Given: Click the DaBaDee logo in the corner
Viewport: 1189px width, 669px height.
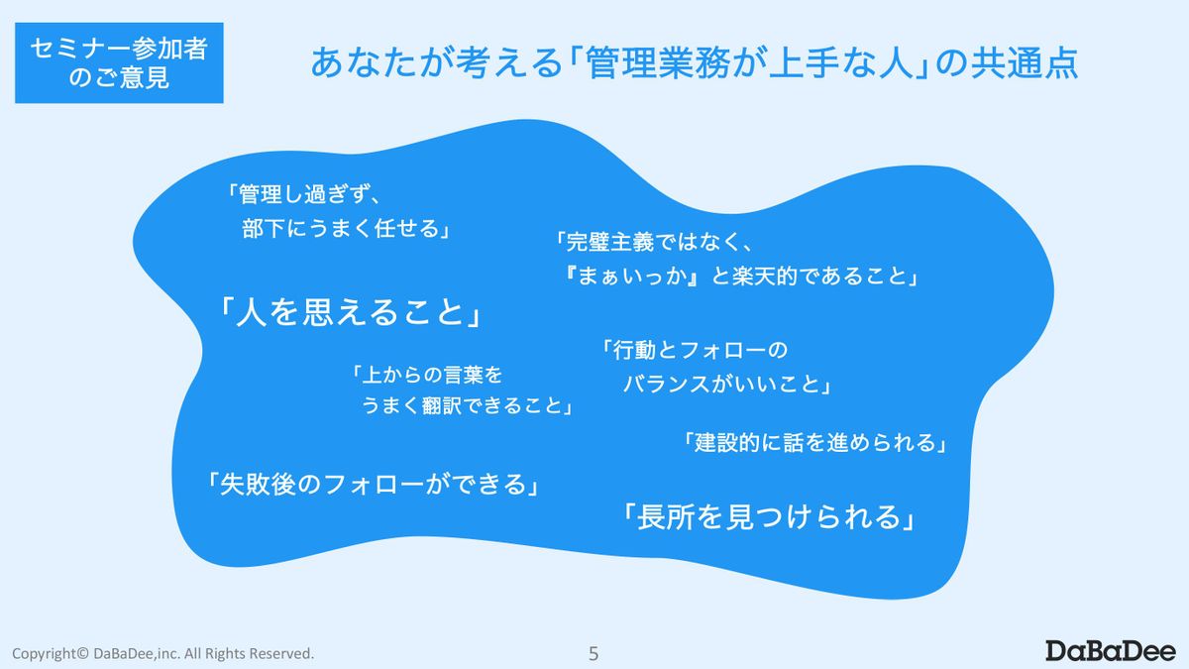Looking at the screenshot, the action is coord(1111,651).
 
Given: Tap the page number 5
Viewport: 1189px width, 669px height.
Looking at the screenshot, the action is coord(594,653).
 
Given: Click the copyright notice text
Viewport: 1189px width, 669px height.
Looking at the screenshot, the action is coord(162,653).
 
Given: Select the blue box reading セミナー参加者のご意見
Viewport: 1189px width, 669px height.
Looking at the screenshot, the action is coord(119,62).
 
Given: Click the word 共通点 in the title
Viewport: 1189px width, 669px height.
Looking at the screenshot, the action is coord(1024,63).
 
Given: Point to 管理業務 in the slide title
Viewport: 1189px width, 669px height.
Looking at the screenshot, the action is coord(658,63).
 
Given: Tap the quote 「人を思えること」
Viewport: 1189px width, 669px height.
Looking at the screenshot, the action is coord(350,311).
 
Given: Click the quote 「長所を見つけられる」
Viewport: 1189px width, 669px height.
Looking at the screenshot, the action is coord(768,517).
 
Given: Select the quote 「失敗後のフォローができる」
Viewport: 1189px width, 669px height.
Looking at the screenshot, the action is coord(373,485).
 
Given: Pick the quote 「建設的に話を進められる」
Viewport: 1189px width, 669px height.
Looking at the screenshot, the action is coord(814,442).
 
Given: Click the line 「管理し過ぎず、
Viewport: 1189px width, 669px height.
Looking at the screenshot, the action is coord(303,194).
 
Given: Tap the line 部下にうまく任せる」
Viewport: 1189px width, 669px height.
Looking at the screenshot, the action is coord(346,229).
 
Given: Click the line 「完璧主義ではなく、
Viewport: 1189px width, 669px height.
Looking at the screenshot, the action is coord(653,242).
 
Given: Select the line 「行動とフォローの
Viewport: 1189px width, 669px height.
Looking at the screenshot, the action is coord(695,350).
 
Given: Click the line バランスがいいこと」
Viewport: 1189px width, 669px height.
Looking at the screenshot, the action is coord(726,384).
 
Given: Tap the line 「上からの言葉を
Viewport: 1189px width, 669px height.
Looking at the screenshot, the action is coord(426,375).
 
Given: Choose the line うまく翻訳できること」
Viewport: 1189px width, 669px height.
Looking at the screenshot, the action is coord(467,405).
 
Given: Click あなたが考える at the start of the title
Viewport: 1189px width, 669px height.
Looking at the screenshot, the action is coord(436,63).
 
